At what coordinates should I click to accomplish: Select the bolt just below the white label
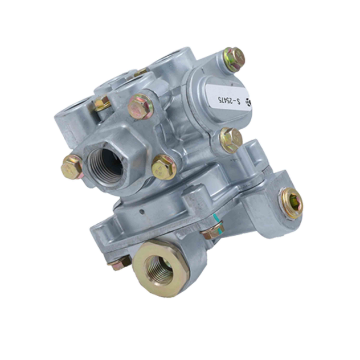coord(231,140)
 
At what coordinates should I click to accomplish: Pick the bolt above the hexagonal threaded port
coord(141,107)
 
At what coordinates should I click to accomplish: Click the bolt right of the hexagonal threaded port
coord(165,167)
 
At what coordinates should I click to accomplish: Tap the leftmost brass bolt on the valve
coord(72,167)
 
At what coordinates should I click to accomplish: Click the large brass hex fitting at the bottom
coord(159,266)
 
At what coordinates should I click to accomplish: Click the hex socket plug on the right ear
coord(291,202)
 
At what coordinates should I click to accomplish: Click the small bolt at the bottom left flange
coord(119,263)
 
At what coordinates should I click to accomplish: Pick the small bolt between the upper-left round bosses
coord(103,104)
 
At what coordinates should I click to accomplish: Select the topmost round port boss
coord(173,61)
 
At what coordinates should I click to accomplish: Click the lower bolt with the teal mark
coord(212,231)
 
